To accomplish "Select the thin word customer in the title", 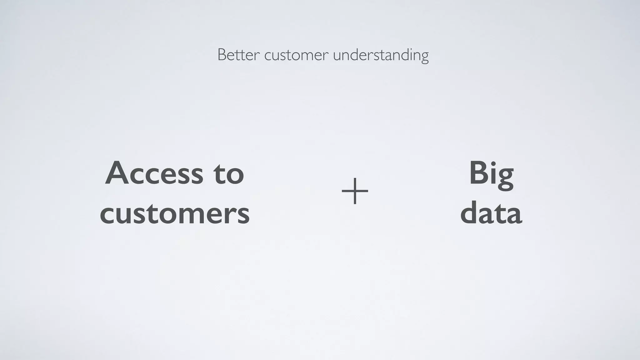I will click(x=296, y=56).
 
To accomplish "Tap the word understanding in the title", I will click(x=381, y=56).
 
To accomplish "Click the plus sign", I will click(x=355, y=191).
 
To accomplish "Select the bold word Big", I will click(x=491, y=173).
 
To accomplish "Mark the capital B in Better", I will click(x=222, y=55).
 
